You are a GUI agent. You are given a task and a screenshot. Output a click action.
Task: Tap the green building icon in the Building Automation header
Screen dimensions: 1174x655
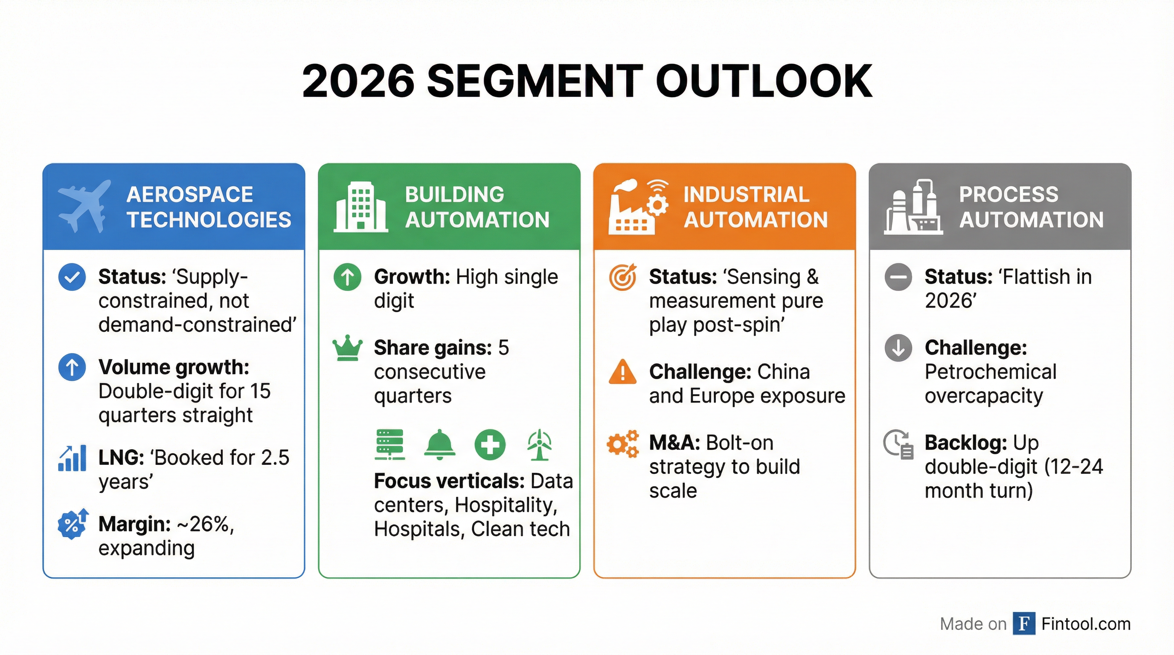coord(360,207)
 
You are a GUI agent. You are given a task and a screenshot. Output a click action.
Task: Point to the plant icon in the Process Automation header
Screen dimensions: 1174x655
coord(913,207)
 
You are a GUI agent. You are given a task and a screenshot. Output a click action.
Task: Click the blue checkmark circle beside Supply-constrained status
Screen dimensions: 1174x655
coord(72,277)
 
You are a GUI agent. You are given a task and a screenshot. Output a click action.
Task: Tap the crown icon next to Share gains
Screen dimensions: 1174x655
coord(348,348)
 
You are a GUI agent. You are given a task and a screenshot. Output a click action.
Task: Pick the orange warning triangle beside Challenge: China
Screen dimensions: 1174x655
coord(622,372)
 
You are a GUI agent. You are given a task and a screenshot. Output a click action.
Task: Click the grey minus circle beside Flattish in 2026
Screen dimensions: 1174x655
coord(898,277)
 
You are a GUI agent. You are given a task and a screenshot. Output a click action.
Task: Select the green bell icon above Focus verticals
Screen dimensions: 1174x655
coord(439,443)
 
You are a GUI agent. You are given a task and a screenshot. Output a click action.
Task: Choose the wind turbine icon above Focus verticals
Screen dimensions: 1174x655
coord(540,445)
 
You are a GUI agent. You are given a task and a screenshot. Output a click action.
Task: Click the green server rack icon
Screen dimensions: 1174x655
coord(389,444)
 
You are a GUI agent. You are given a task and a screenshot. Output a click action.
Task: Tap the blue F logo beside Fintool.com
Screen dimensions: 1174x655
coord(1024,623)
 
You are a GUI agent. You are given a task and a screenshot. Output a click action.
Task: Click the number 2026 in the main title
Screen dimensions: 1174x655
coord(358,81)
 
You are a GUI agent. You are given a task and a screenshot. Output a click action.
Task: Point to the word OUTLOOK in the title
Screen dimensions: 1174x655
coord(764,81)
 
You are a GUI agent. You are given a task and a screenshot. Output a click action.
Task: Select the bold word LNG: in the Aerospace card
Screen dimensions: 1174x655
coord(121,458)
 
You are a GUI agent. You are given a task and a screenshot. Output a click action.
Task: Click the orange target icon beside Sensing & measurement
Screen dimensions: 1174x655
coord(622,277)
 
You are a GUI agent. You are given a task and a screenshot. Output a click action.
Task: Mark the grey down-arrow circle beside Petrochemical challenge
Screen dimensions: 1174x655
coord(898,348)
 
